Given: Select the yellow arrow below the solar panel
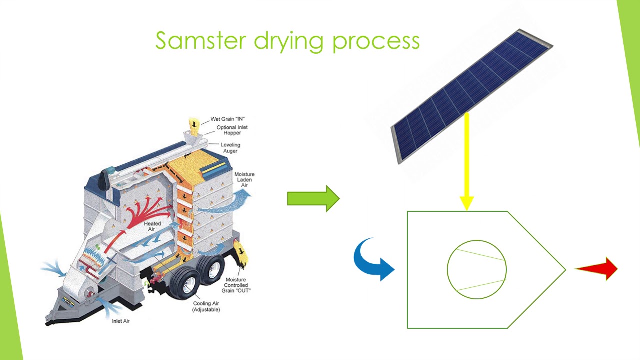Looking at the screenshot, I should [466, 160].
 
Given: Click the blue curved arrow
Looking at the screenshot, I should [373, 259].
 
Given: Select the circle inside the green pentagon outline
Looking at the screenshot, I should [476, 269].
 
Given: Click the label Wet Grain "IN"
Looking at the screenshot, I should [227, 119].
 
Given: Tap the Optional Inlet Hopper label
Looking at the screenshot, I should [232, 130].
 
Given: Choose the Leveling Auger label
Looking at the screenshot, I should [230, 148].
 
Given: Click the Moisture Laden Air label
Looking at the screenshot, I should [244, 180].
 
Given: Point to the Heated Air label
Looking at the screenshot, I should [152, 226].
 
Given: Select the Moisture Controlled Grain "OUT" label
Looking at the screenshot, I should [236, 285].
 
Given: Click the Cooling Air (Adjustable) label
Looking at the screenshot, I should [206, 306].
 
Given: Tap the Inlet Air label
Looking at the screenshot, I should [121, 321].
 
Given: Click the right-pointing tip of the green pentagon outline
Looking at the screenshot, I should [564, 270].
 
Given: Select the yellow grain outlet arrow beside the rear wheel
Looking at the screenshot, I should [242, 253].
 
